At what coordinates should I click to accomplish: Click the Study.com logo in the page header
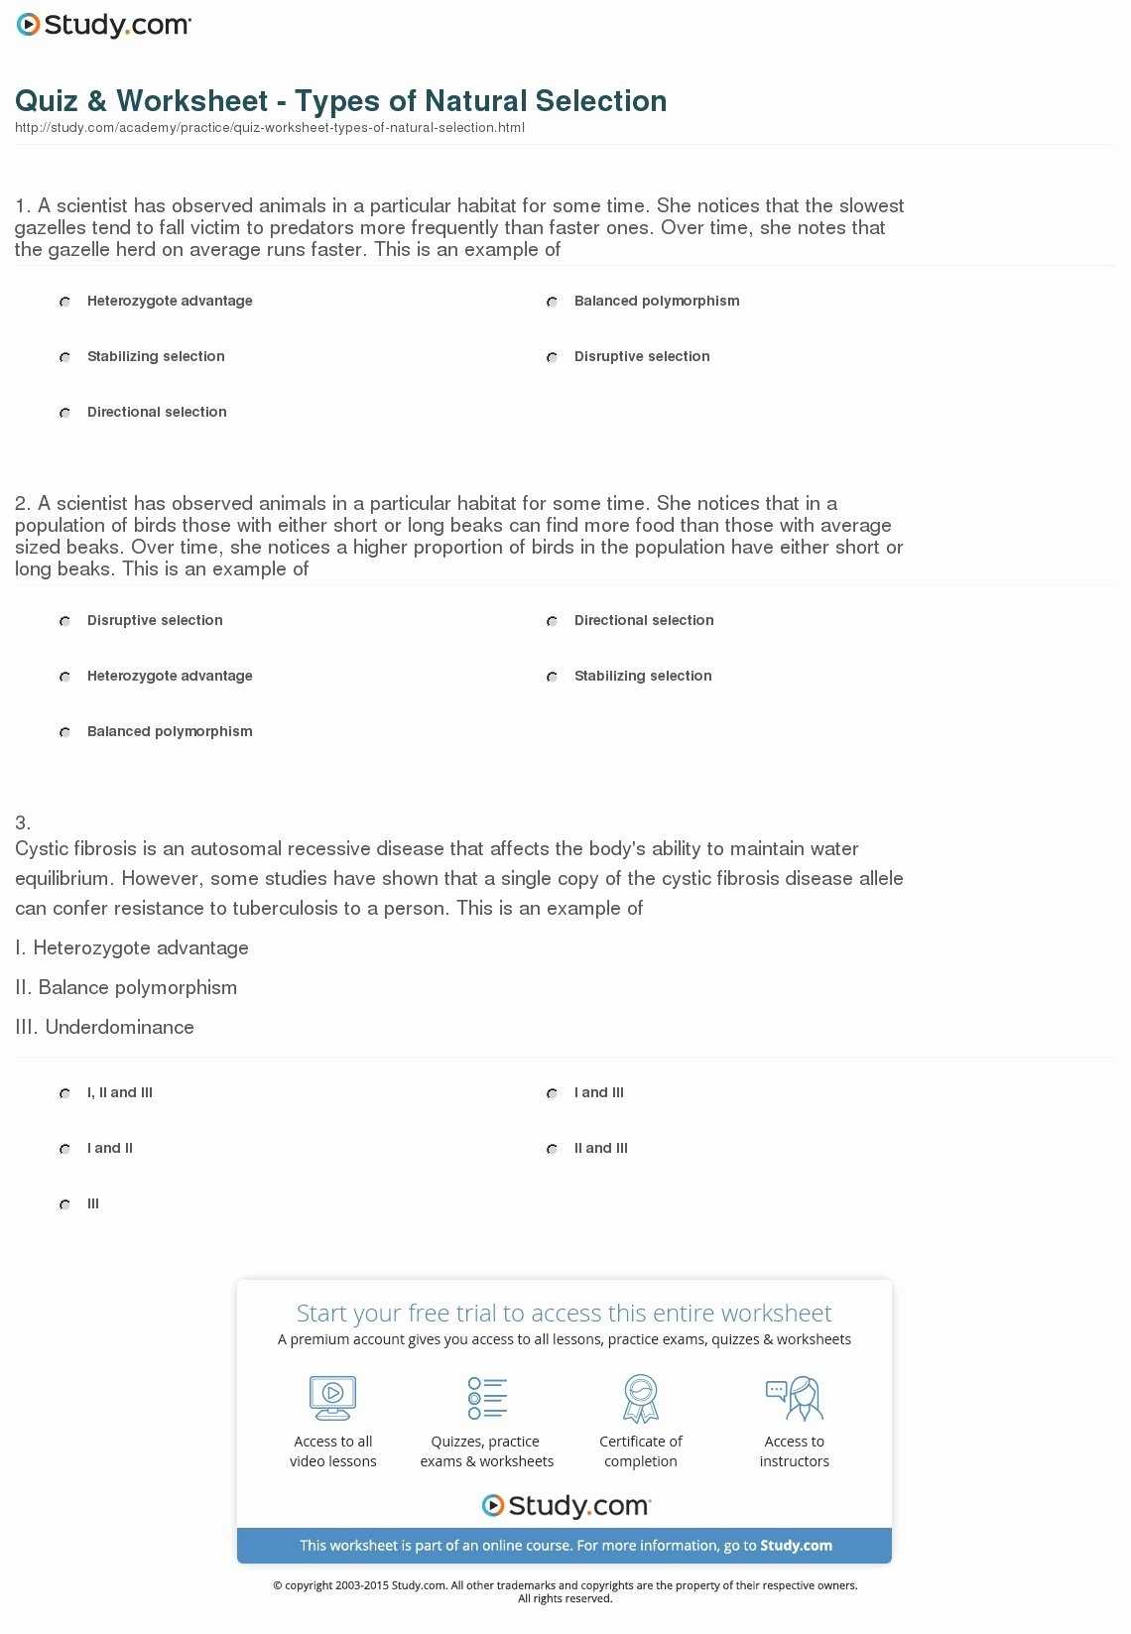point(104,25)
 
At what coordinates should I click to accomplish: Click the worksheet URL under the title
point(269,128)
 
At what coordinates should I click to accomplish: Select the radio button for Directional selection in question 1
point(64,413)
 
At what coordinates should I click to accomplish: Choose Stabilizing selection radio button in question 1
point(64,357)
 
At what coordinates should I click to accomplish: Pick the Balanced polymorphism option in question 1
point(552,302)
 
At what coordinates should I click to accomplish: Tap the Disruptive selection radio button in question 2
point(64,621)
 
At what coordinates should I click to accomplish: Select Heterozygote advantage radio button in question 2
point(64,677)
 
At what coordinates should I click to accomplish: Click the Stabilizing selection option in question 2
point(552,677)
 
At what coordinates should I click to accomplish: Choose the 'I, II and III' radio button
point(64,1093)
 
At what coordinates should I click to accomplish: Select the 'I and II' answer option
point(64,1149)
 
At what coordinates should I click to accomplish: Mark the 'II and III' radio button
point(552,1149)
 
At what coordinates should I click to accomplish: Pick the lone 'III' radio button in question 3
point(64,1204)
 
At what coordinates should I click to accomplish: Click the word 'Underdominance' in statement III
point(119,1027)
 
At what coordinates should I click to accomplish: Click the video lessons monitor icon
point(332,1397)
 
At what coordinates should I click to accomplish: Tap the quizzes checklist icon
point(487,1397)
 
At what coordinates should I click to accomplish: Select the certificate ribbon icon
point(641,1397)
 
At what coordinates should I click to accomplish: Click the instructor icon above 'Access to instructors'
point(794,1397)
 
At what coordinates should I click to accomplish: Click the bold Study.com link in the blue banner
point(796,1546)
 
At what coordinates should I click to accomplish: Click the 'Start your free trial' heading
point(564,1313)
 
